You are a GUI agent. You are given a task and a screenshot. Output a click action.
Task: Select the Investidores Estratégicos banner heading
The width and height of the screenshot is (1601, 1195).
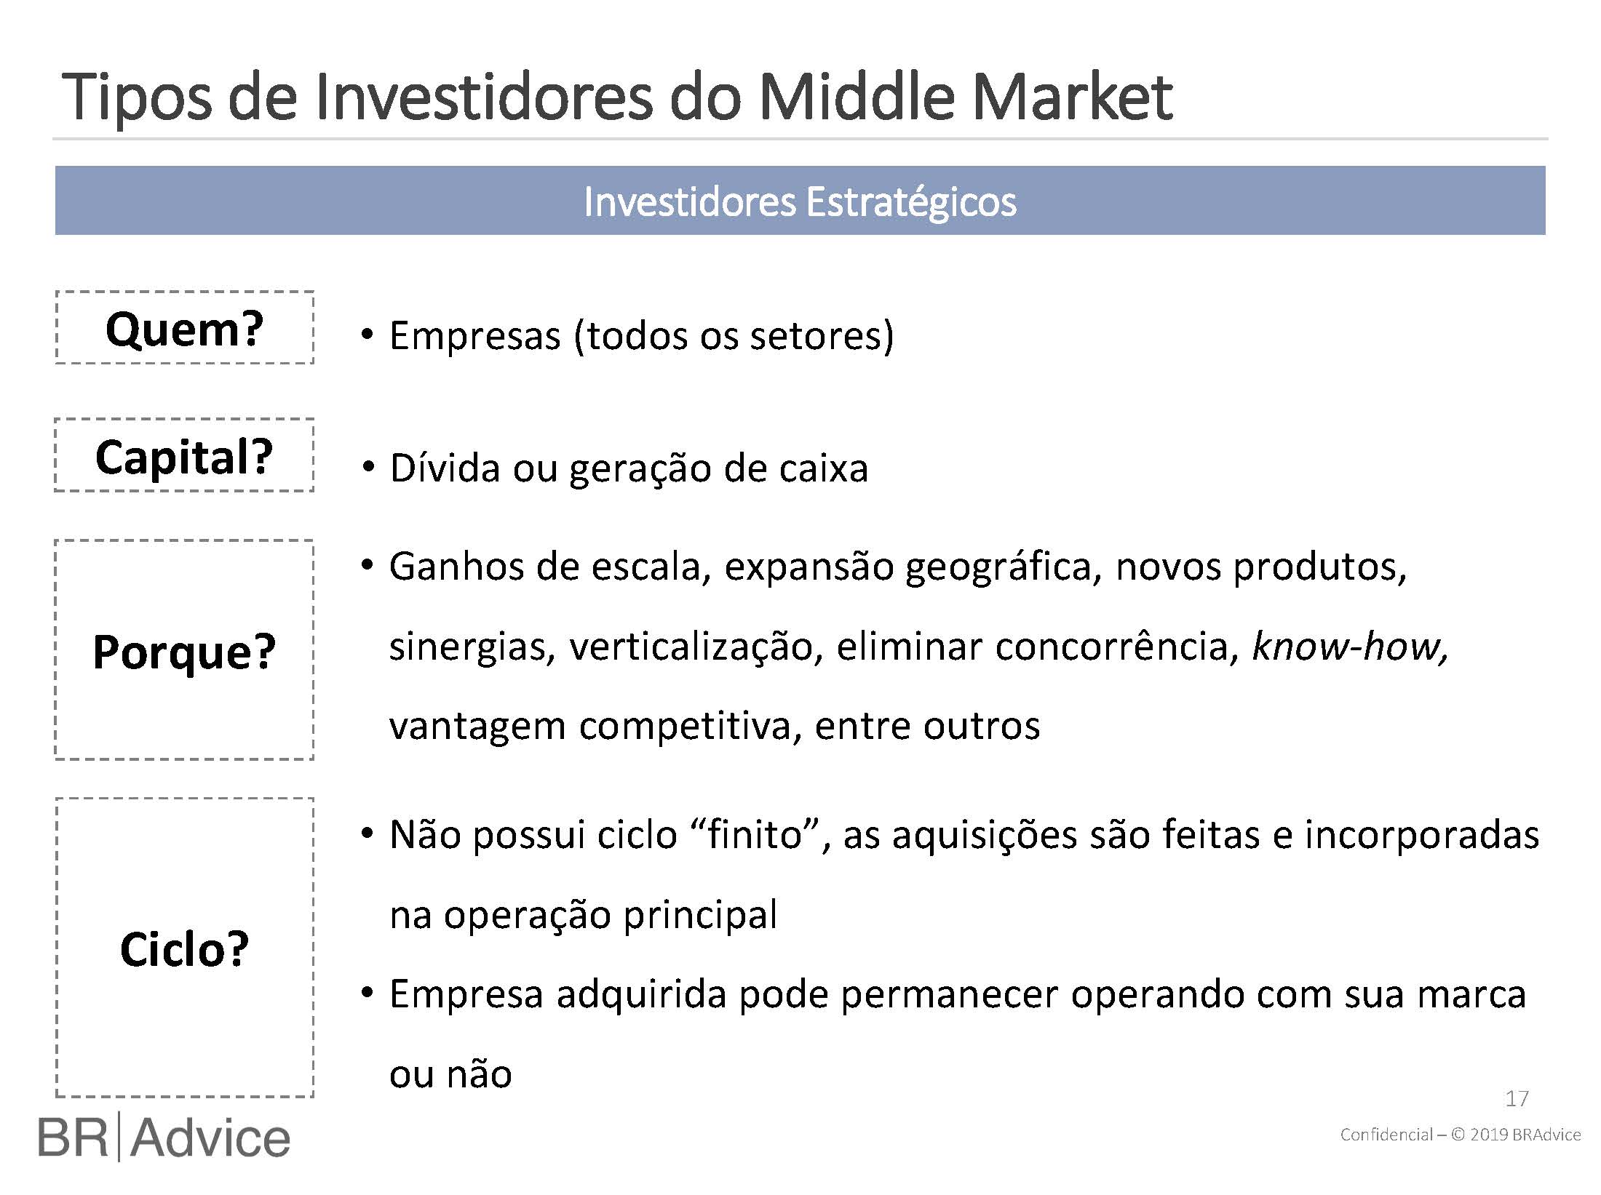coord(800,201)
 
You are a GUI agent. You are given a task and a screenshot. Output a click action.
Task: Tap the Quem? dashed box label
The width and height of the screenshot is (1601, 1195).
coord(184,329)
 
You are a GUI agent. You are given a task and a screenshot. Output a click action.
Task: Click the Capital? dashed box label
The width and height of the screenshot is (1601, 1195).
coord(184,457)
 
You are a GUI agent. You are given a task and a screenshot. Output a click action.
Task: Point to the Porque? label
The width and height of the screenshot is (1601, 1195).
coord(184,651)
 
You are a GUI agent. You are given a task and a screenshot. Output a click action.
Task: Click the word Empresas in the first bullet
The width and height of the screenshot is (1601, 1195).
coord(475,336)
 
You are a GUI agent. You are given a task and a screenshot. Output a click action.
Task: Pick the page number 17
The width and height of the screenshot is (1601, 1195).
coord(1517,1098)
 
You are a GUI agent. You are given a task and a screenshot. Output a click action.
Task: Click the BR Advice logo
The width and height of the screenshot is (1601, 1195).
coord(164,1138)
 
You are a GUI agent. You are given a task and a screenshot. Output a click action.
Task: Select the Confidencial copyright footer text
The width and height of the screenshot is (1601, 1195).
coord(1461,1135)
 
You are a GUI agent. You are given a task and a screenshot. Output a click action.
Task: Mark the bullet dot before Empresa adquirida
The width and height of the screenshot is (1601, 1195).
coord(368,992)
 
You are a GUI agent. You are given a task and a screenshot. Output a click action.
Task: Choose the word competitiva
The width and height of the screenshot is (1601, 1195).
coord(691,727)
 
